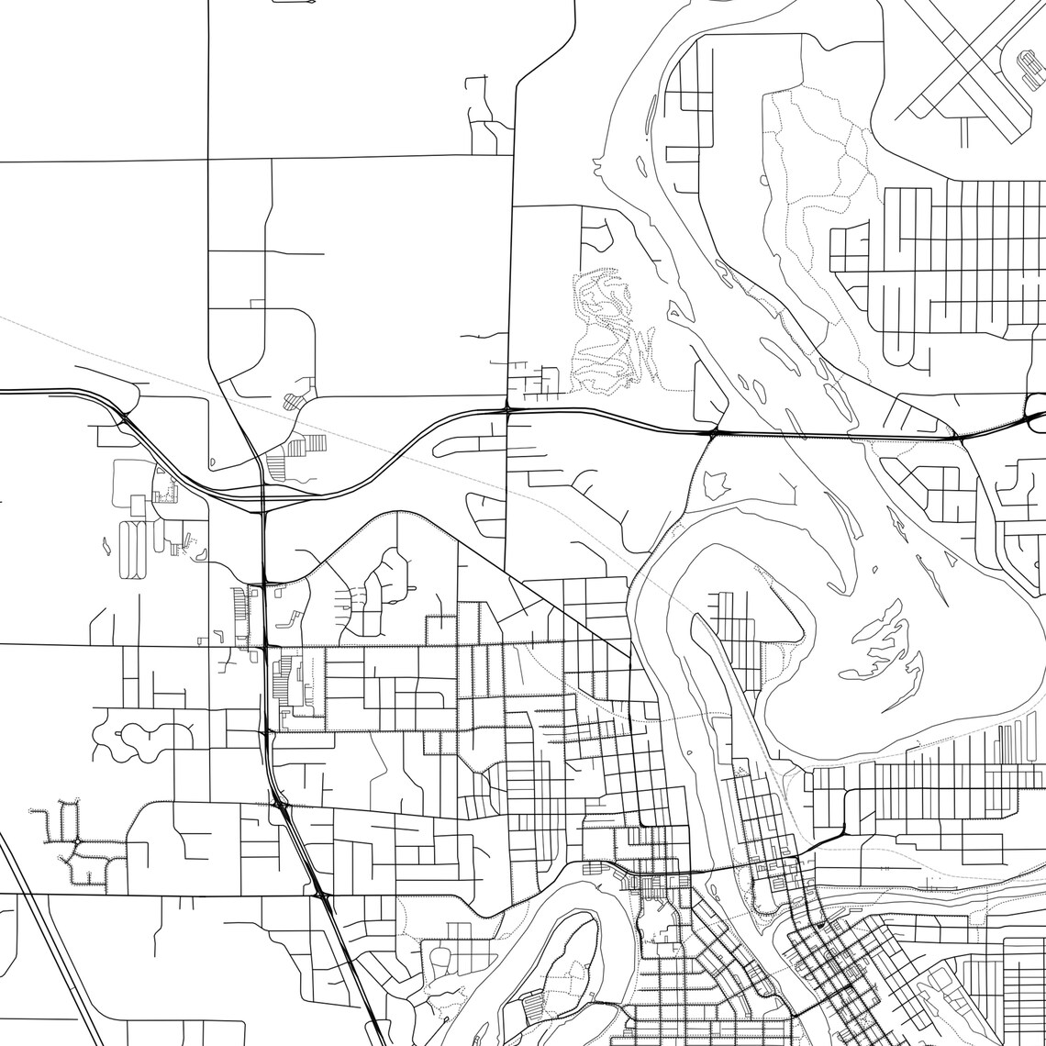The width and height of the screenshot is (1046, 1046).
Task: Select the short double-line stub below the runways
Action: (x=964, y=132)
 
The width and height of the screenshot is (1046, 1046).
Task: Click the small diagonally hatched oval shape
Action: (x=292, y=401)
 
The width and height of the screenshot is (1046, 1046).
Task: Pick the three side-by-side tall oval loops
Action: (x=132, y=550)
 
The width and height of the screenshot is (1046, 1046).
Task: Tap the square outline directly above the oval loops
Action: (x=138, y=505)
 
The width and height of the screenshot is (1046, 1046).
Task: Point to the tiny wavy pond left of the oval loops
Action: (x=106, y=546)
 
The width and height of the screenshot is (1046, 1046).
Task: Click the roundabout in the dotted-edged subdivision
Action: (x=77, y=842)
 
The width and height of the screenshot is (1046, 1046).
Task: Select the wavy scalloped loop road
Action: (x=142, y=739)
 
